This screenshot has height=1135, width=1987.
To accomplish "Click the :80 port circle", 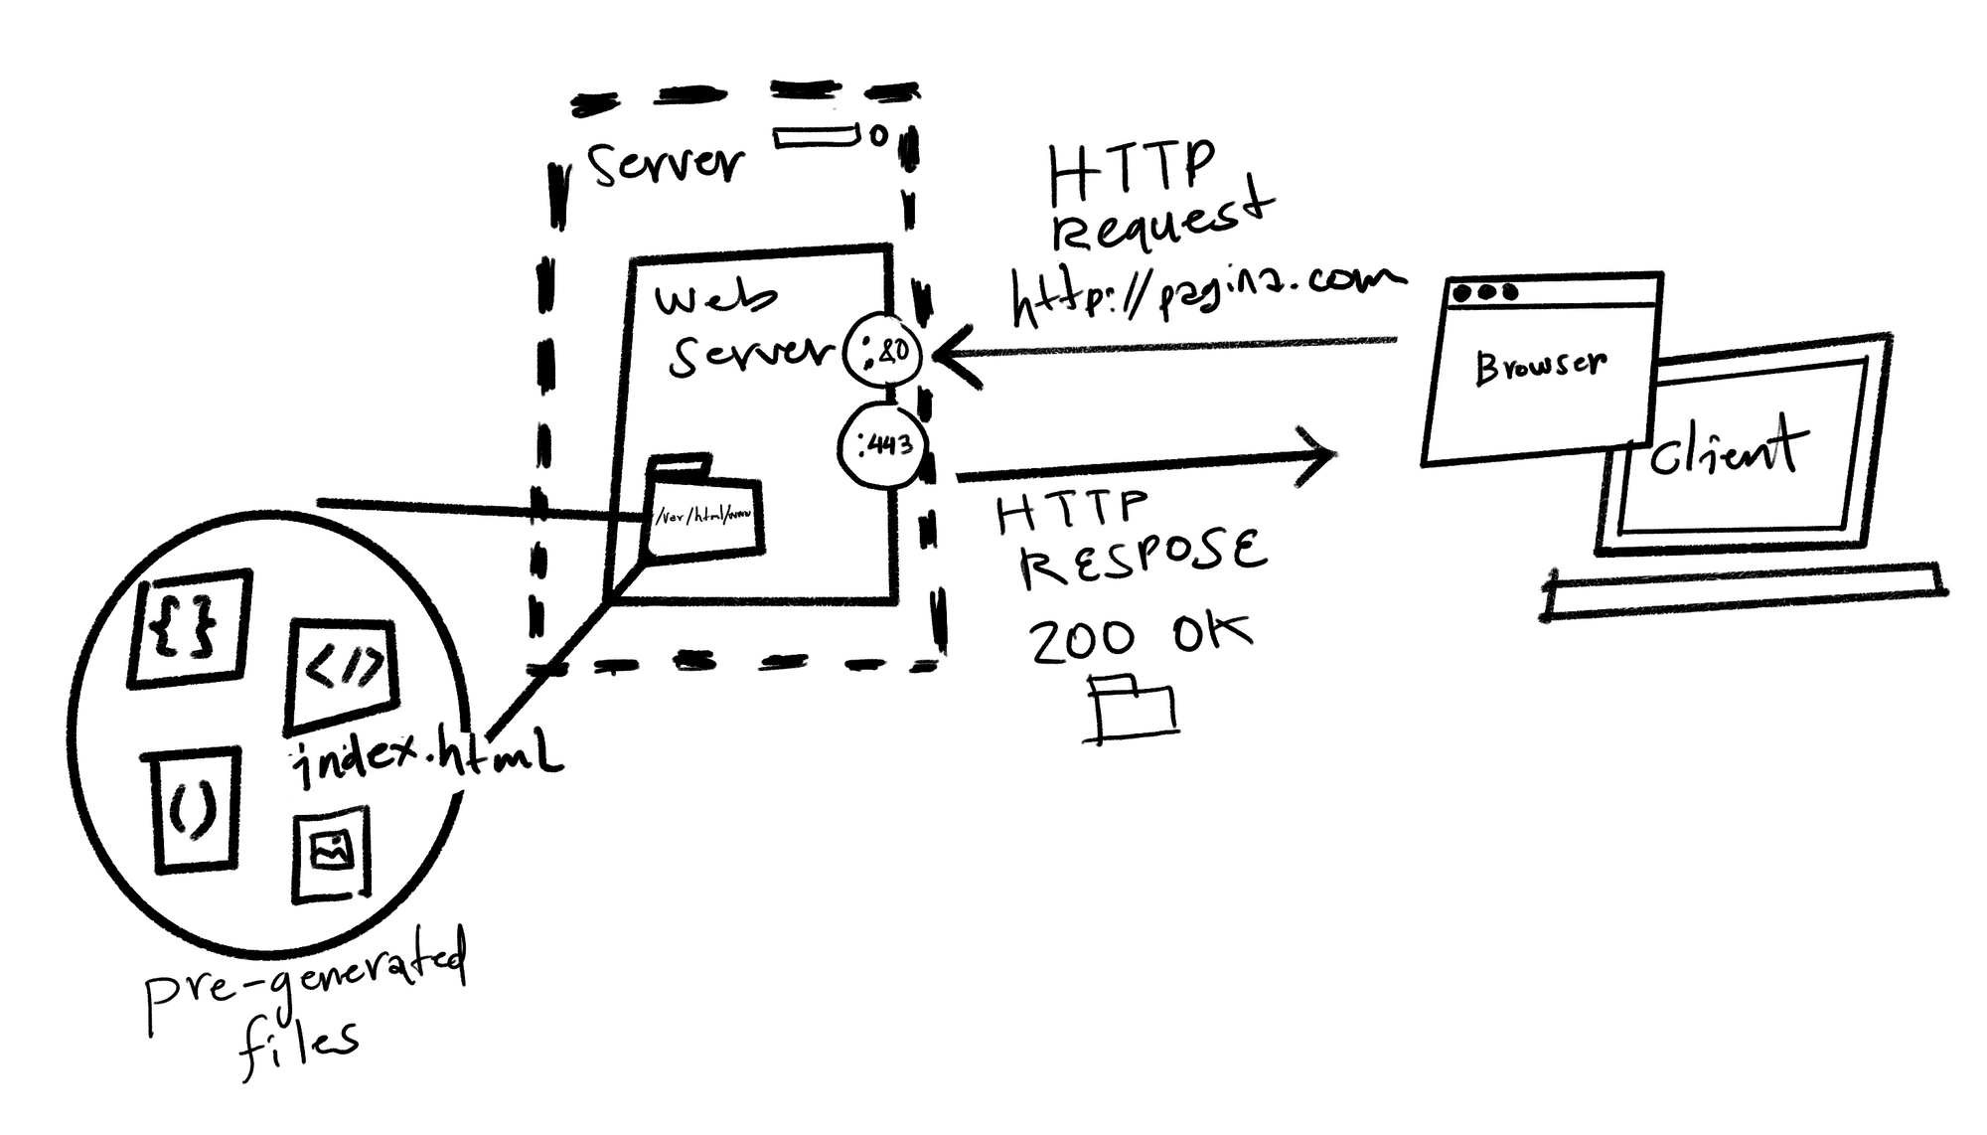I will click(x=881, y=350).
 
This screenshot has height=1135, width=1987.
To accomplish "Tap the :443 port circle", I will click(x=880, y=444).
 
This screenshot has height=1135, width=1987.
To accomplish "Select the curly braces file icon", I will click(x=189, y=628).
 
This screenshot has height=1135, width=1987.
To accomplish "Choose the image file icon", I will click(x=332, y=852).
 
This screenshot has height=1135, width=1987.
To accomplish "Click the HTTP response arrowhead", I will click(x=1321, y=456).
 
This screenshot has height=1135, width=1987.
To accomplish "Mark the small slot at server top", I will click(x=817, y=136).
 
